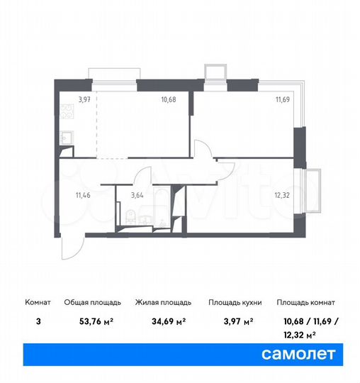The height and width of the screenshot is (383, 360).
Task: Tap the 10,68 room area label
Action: tap(168, 99)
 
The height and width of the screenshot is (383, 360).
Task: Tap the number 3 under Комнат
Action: tap(38, 321)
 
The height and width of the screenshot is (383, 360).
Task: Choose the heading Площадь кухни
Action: tap(235, 302)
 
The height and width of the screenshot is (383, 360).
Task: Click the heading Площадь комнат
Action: tap(307, 302)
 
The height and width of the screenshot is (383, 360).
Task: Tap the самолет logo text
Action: tap(300, 353)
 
